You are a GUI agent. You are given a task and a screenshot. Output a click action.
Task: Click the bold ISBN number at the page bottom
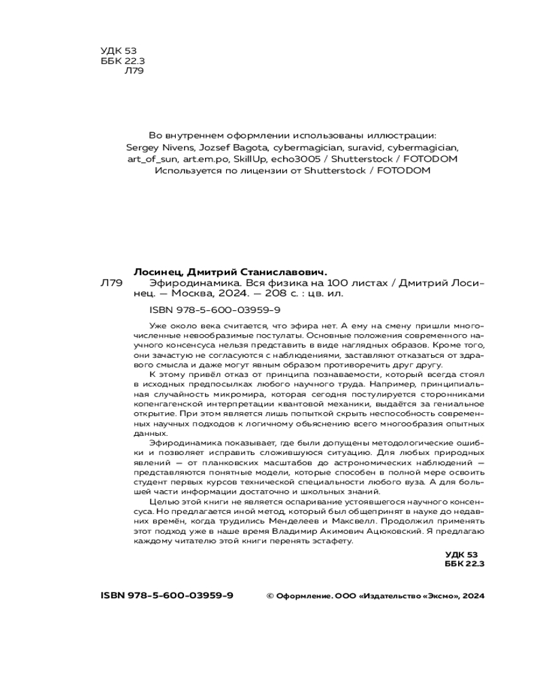166,595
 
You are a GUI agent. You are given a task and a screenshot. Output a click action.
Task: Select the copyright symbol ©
269,596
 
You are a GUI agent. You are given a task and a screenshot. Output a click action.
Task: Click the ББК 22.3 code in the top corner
117,60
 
